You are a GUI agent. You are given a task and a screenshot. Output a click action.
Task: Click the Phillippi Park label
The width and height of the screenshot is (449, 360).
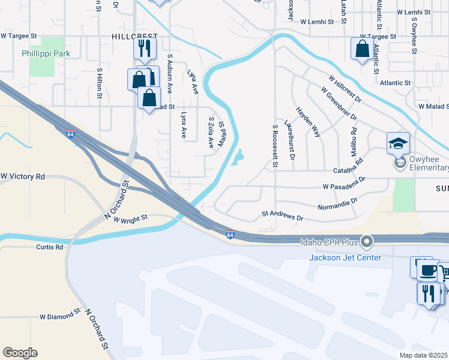[46, 53]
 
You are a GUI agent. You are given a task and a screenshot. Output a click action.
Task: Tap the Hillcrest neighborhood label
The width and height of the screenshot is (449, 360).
[134, 36]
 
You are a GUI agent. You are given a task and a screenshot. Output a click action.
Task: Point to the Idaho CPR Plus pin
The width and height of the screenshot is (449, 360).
[368, 242]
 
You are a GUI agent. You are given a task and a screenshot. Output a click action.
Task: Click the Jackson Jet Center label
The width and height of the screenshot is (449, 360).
[345, 257]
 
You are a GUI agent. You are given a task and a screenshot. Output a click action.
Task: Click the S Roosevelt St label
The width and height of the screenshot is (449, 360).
[275, 145]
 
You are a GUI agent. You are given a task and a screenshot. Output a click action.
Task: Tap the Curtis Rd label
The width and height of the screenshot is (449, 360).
[50, 247]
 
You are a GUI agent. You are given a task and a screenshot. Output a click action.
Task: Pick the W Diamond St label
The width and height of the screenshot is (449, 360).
[60, 314]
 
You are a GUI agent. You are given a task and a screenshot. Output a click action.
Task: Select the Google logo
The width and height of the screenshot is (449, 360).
[20, 353]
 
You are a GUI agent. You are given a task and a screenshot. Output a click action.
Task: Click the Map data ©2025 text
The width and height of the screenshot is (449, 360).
[423, 355]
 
